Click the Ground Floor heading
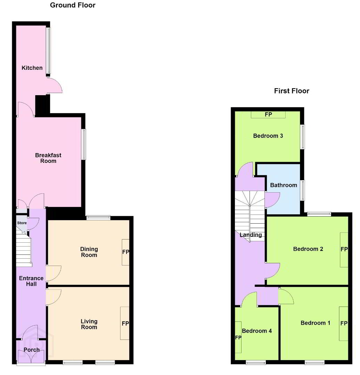[73, 5]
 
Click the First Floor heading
[292, 91]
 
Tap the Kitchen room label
[32, 68]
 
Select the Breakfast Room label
[48, 158]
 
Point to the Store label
[22, 223]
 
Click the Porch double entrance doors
[31, 356]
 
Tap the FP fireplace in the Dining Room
[126, 252]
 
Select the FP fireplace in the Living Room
[125, 323]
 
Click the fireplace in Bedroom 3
[268, 115]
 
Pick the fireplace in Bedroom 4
[238, 337]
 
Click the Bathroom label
[284, 185]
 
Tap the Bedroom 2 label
[308, 249]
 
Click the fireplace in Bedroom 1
[344, 324]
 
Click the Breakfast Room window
[83, 144]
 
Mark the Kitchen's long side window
[48, 50]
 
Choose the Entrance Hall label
[31, 281]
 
